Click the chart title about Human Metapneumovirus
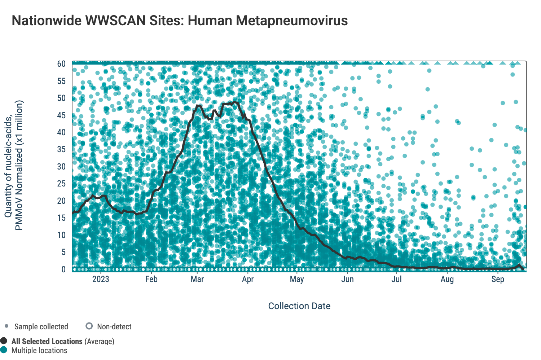[x=180, y=21]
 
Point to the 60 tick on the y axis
[x=61, y=64]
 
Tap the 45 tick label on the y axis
[x=61, y=115]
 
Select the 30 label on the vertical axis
[x=61, y=167]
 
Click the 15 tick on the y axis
[x=61, y=218]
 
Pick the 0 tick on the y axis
[x=63, y=269]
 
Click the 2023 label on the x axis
[x=100, y=279]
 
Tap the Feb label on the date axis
[x=151, y=279]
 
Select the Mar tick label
[x=197, y=279]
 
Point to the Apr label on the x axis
[x=248, y=279]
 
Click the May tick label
[x=297, y=279]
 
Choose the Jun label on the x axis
[x=347, y=279]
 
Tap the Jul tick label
[x=396, y=279]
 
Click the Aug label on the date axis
[x=447, y=279]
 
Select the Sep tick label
[x=498, y=279]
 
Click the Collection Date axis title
[x=299, y=306]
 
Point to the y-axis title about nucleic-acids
[x=13, y=165]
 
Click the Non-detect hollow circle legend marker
[x=89, y=326]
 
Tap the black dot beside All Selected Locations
[x=4, y=341]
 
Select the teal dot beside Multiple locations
[x=4, y=350]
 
